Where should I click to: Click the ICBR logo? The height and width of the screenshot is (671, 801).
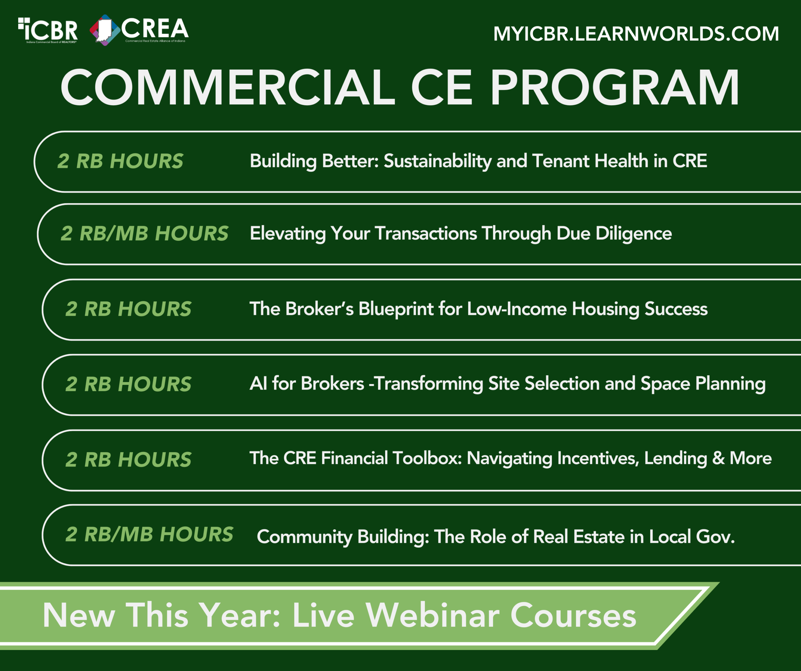pos(48,30)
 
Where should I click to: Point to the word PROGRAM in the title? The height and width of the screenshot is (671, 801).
pos(614,88)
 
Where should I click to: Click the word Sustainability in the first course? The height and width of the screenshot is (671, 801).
pos(437,161)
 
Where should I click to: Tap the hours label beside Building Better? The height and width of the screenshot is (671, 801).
pos(120,161)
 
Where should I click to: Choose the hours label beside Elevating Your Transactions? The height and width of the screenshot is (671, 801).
pos(145,234)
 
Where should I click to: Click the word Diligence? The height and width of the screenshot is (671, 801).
pos(634,234)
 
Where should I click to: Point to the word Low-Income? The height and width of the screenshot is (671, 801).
pos(517,309)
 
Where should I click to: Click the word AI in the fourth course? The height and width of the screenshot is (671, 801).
pos(258,384)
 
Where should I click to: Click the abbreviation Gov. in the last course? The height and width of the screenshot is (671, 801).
pos(716,537)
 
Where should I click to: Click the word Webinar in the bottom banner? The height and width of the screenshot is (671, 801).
pos(432,615)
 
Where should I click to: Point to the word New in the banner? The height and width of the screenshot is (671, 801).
pos(79,616)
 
